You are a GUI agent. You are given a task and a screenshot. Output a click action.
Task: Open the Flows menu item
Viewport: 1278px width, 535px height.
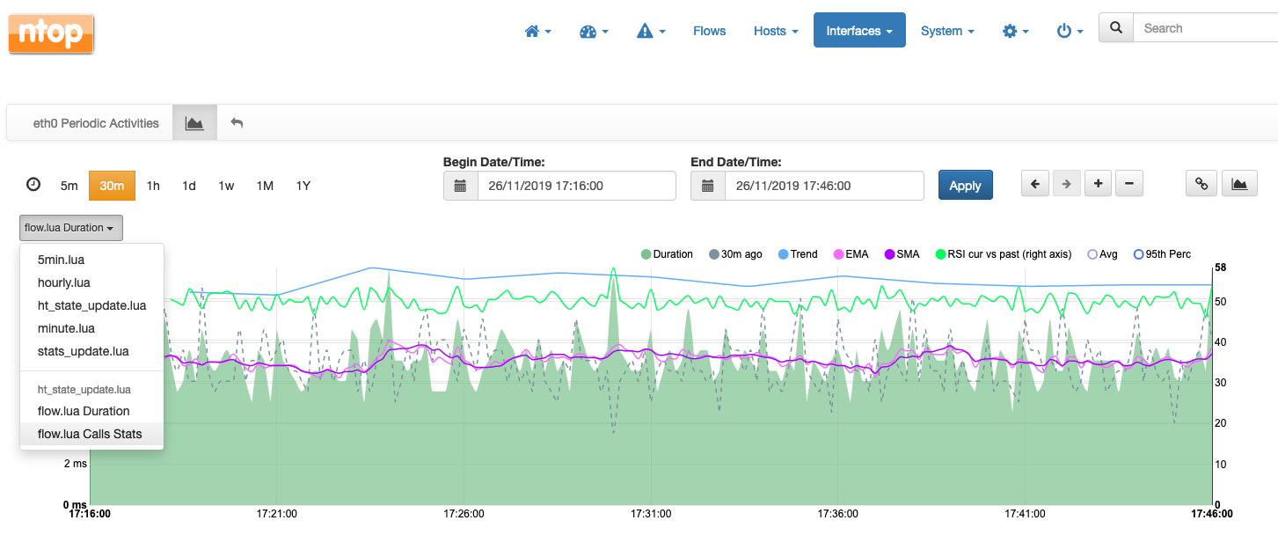[x=709, y=31]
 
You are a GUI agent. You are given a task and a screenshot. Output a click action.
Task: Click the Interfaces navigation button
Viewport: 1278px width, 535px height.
[x=859, y=31]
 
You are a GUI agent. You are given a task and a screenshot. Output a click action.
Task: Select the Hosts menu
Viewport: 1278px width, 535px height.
[x=776, y=31]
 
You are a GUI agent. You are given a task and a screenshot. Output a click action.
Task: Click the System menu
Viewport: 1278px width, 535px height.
[x=947, y=31]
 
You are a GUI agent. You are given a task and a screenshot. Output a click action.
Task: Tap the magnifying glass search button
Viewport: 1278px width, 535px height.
[x=1116, y=28]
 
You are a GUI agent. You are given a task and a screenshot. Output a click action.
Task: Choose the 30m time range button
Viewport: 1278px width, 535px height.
[x=112, y=186]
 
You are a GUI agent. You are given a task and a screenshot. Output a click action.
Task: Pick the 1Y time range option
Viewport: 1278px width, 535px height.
[x=303, y=186]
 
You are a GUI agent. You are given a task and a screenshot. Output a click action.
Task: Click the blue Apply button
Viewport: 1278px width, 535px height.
[x=965, y=186]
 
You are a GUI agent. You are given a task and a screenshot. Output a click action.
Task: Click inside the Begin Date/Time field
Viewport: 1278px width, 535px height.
[x=576, y=186]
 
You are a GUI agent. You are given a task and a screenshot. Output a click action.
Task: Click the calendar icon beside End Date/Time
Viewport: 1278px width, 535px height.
[x=708, y=186]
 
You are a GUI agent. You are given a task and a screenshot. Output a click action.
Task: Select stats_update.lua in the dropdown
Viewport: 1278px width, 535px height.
[x=84, y=351]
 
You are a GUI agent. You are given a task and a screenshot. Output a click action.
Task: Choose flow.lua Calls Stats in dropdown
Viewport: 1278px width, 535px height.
[x=90, y=434]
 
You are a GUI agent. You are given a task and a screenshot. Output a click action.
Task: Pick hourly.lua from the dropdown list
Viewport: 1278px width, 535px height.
[x=64, y=282]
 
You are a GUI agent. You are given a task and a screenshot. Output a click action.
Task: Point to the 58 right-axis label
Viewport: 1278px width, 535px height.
[x=1220, y=267]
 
